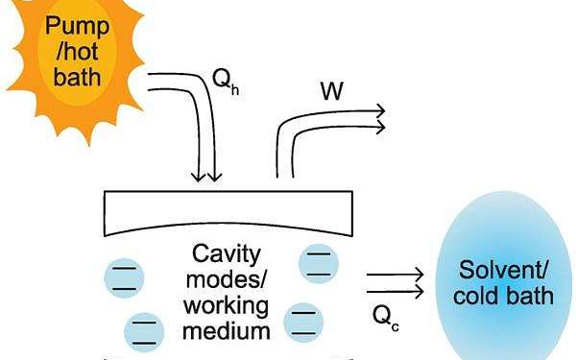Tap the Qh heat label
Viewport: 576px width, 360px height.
pos(224,82)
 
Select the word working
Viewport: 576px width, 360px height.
pos(228,306)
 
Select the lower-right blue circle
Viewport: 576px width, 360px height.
pos(303,322)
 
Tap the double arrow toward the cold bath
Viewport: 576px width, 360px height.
pos(395,279)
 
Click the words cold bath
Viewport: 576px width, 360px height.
pos(507,294)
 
